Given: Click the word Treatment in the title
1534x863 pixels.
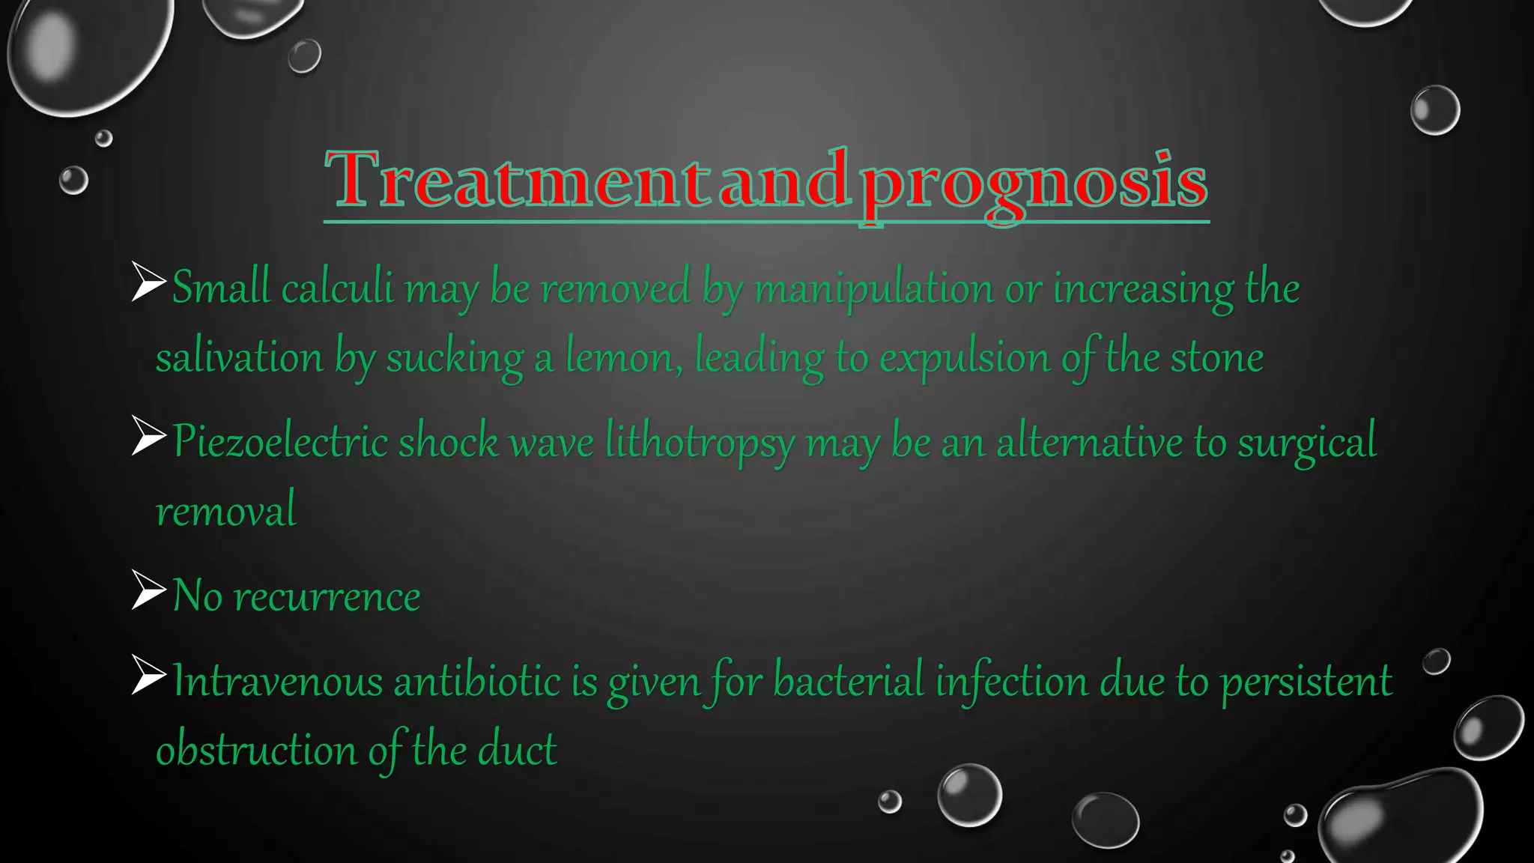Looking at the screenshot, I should [517, 180].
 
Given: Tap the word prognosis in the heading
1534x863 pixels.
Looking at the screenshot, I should [1034, 184].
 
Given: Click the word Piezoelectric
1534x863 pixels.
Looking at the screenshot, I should [280, 441].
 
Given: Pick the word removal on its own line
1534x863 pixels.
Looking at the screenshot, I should [225, 511].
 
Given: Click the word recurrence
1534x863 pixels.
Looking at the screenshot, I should [327, 597].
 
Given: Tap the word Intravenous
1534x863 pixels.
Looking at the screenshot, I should [277, 682].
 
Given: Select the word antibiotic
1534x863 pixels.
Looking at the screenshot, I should [476, 682].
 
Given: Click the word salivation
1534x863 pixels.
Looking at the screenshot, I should [239, 357].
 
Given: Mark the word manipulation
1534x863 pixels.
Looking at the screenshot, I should [873, 289].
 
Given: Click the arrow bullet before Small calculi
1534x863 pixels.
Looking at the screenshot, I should [148, 282].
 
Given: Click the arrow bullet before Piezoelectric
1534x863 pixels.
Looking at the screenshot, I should [148, 435].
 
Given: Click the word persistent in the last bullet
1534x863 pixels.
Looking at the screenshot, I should [1306, 683].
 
